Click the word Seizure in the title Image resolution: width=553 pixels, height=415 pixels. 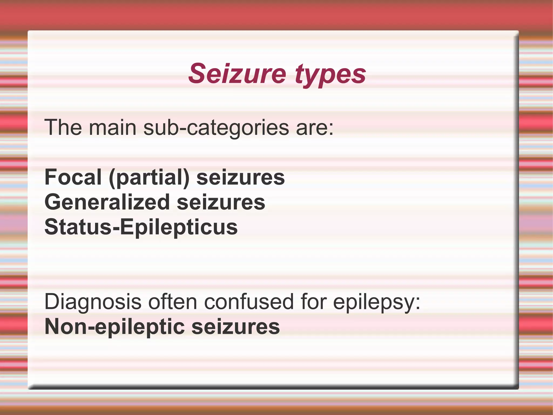pos(237,74)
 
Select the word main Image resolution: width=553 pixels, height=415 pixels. pos(113,127)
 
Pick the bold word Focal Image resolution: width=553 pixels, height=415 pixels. pos(73,177)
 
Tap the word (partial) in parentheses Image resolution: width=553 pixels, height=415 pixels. pos(149,178)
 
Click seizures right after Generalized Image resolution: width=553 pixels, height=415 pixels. pos(221,202)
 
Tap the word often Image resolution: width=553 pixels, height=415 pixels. pos(173,302)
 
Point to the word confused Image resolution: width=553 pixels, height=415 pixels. pos(249,302)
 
